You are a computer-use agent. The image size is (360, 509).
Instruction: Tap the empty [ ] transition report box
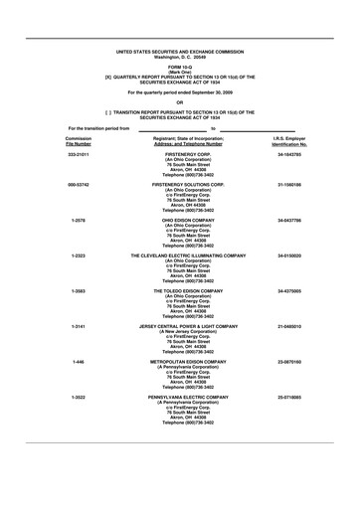pyautogui.click(x=108, y=112)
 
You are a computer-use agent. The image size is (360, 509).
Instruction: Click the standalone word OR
pyautogui.click(x=180, y=101)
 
